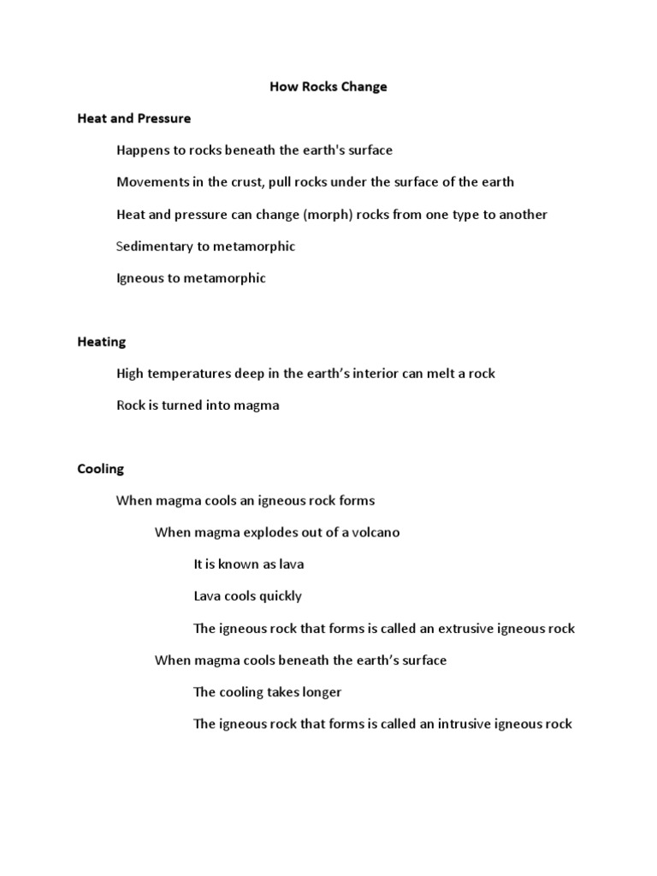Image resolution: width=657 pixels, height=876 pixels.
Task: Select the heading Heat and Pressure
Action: click(x=134, y=118)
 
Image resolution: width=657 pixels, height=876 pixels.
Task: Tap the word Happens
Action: click(x=143, y=151)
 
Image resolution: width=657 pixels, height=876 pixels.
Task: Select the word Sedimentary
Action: click(x=154, y=246)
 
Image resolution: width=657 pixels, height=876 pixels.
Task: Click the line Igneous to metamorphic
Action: click(x=191, y=278)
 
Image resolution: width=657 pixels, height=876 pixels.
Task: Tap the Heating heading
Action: click(x=102, y=341)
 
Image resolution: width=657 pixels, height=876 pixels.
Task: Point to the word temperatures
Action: click(x=188, y=374)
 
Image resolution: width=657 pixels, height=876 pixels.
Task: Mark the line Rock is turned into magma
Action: click(x=198, y=405)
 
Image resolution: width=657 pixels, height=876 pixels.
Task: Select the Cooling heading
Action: click(x=101, y=469)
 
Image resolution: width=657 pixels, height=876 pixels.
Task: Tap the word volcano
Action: click(x=374, y=532)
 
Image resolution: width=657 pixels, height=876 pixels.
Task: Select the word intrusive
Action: click(x=466, y=724)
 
